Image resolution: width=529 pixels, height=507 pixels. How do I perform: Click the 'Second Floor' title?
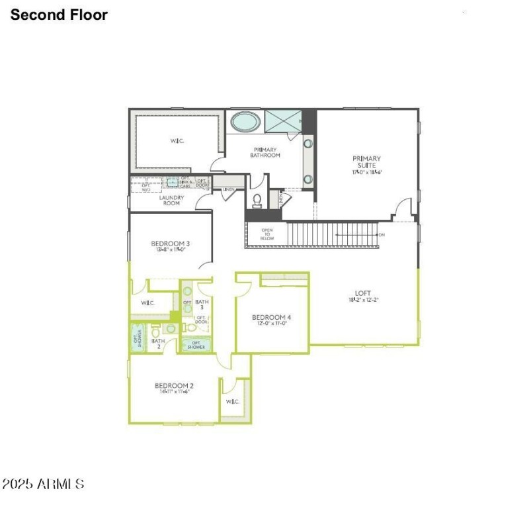coord(59,15)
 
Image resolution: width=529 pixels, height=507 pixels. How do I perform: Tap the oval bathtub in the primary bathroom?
coord(245,122)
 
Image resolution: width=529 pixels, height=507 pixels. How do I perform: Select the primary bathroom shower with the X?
coord(282,122)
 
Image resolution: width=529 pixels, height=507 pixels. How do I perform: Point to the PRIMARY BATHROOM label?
coord(265,152)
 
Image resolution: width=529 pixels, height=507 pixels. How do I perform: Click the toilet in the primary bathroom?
coord(258,199)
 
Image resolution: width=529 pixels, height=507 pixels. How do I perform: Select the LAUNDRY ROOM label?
coord(171,200)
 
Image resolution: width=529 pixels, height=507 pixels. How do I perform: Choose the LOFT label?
coord(363,293)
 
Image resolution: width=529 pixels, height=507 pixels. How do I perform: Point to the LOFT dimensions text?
coord(363,300)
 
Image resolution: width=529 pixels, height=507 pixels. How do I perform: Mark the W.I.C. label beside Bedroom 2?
coord(232,402)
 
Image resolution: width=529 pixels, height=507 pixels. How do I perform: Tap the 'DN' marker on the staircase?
coord(382,235)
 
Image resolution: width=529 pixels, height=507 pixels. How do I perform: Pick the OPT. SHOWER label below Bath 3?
coord(197,344)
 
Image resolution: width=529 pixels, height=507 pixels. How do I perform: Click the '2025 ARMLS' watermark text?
coord(43,484)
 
